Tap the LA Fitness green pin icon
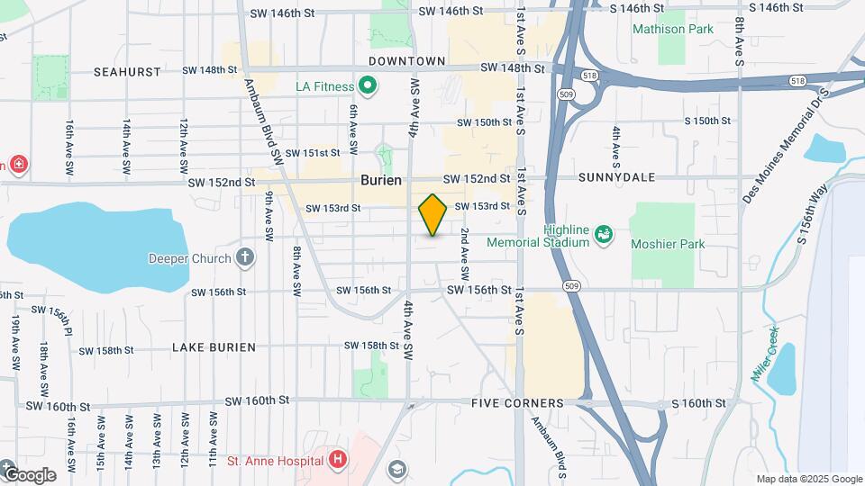[x=367, y=87]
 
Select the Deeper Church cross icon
[x=244, y=258]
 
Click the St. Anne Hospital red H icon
[x=338, y=461]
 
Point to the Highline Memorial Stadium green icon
[x=605, y=235]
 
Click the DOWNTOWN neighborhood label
[x=407, y=61]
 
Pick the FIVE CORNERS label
[x=517, y=404]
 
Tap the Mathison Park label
[x=672, y=29]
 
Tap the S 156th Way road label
[x=812, y=214]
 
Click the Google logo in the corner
[x=29, y=474]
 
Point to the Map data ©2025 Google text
[x=807, y=479]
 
